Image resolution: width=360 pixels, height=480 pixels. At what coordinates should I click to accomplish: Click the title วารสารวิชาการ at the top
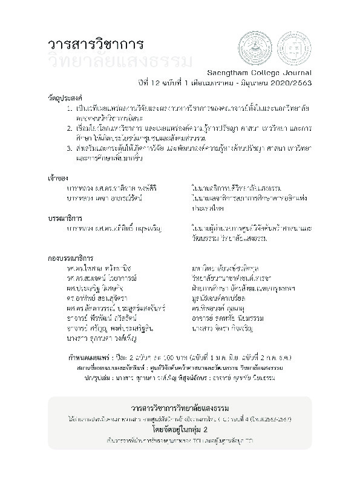tap(95, 45)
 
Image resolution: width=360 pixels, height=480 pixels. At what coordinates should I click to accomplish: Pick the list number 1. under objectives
tap(70, 107)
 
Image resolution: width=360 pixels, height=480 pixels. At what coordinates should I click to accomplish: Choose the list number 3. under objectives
tap(70, 149)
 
